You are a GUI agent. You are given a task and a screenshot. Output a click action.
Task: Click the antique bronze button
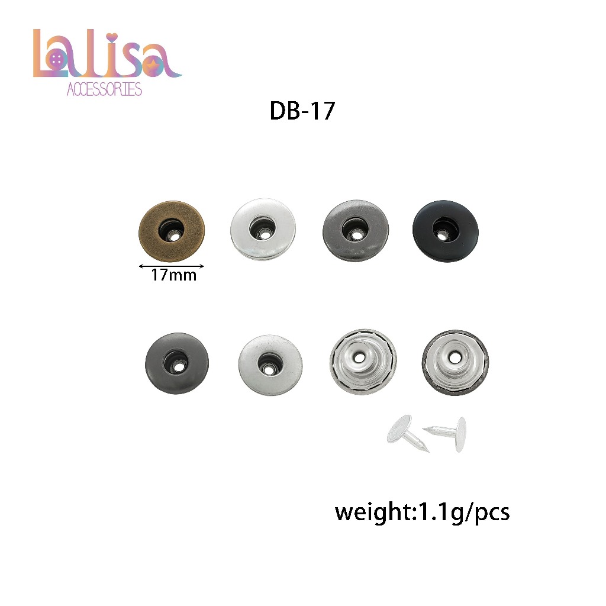click(x=172, y=231)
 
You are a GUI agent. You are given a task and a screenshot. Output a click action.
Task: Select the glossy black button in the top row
click(x=445, y=231)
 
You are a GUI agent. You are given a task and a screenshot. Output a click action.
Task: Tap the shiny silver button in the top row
click(x=263, y=230)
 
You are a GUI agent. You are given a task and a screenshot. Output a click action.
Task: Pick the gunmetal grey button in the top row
click(x=356, y=231)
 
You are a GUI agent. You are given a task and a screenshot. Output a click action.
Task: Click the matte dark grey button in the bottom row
click(x=176, y=363)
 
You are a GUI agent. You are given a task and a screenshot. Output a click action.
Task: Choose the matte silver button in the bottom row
click(x=270, y=365)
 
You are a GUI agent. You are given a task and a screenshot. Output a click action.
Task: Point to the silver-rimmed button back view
click(x=363, y=362)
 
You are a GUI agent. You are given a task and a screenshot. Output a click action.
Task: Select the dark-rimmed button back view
click(x=455, y=363)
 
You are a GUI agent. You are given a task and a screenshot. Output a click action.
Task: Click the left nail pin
click(x=406, y=433)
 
